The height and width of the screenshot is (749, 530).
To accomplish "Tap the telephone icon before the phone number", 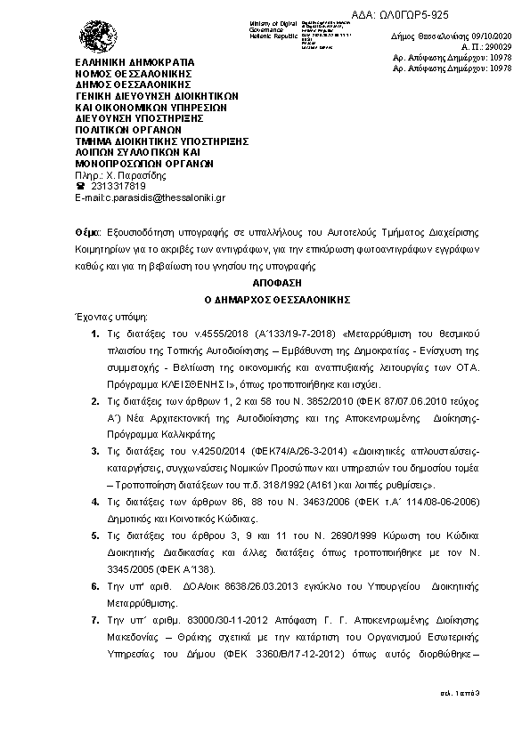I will [80, 185].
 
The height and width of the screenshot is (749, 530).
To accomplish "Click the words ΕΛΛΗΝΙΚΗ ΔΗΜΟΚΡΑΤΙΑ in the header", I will [134, 61].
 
